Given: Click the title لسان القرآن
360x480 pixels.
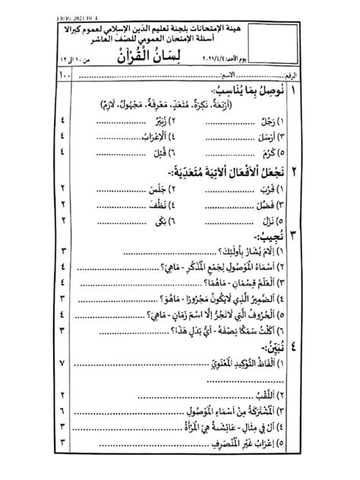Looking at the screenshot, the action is pos(179,58).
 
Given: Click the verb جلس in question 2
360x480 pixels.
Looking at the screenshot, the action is pos(179,190).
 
